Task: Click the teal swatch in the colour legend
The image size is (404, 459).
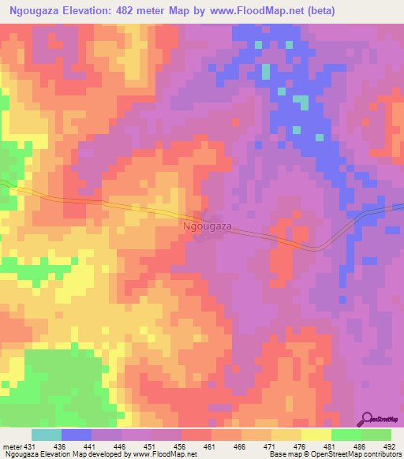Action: click(47, 435)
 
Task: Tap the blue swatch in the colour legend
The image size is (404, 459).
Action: click(77, 435)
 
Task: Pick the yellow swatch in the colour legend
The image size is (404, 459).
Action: click(316, 435)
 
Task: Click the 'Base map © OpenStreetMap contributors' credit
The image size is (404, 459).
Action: click(335, 454)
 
